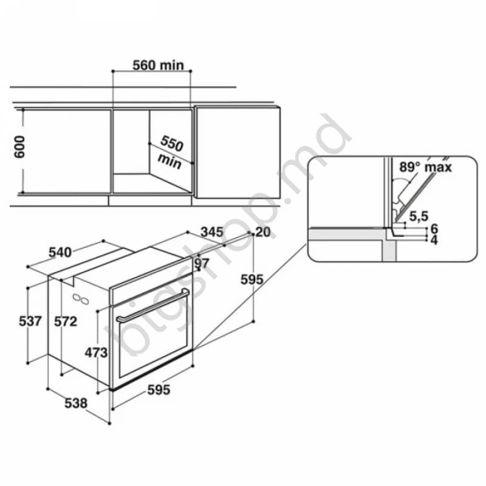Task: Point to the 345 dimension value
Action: tap(212, 231)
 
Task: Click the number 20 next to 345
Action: tap(262, 231)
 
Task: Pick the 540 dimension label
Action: tap(60, 252)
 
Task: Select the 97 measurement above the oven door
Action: tap(202, 263)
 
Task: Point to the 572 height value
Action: tap(65, 321)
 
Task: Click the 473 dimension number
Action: tap(95, 352)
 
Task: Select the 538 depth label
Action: tap(77, 402)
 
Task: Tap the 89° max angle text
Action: tap(425, 167)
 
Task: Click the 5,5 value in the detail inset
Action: tap(418, 215)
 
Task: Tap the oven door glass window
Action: tap(152, 346)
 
